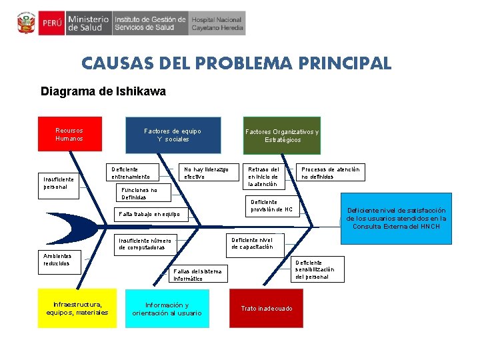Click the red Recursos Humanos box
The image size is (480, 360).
pos(69,135)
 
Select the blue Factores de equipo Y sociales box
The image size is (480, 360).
pos(173,135)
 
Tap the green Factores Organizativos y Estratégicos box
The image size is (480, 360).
pos(282,135)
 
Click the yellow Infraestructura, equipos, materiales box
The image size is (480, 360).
pos(77,309)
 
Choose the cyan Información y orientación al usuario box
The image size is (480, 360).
pos(167,309)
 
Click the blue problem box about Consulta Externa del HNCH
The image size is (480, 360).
pos(396,219)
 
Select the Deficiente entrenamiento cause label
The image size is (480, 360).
pos(134,173)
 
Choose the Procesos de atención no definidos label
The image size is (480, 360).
pos(331,173)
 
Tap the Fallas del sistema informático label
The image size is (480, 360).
pos(197,275)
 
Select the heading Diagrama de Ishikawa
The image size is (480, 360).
pos(103,91)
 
